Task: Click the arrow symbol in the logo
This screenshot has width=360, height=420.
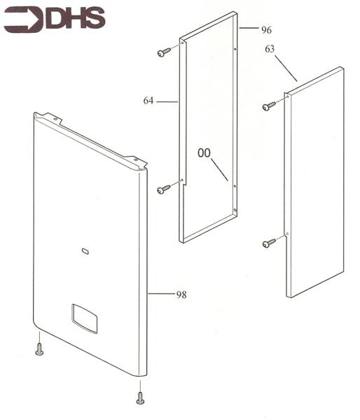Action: (x=24, y=20)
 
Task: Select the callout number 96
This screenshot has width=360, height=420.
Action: (x=266, y=30)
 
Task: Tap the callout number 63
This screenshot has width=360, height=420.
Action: (x=270, y=49)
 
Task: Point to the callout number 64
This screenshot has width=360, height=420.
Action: (x=148, y=101)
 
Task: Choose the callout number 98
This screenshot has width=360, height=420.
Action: (x=181, y=295)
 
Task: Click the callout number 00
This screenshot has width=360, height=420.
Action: (x=204, y=153)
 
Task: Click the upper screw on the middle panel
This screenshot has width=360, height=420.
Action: (x=164, y=52)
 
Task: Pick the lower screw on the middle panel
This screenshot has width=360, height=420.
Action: (x=164, y=189)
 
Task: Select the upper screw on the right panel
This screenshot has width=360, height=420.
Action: (x=269, y=106)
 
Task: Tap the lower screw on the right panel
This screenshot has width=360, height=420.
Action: (x=269, y=243)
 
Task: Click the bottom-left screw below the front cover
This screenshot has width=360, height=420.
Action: (x=40, y=349)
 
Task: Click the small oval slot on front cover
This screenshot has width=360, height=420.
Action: (x=85, y=251)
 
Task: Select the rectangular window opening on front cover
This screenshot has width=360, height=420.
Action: (x=84, y=318)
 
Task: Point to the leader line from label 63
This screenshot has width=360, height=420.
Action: (x=286, y=68)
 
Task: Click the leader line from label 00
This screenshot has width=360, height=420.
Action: (x=219, y=169)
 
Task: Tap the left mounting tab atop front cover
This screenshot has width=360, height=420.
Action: (x=52, y=118)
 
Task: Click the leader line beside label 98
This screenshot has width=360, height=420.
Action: (x=161, y=294)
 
